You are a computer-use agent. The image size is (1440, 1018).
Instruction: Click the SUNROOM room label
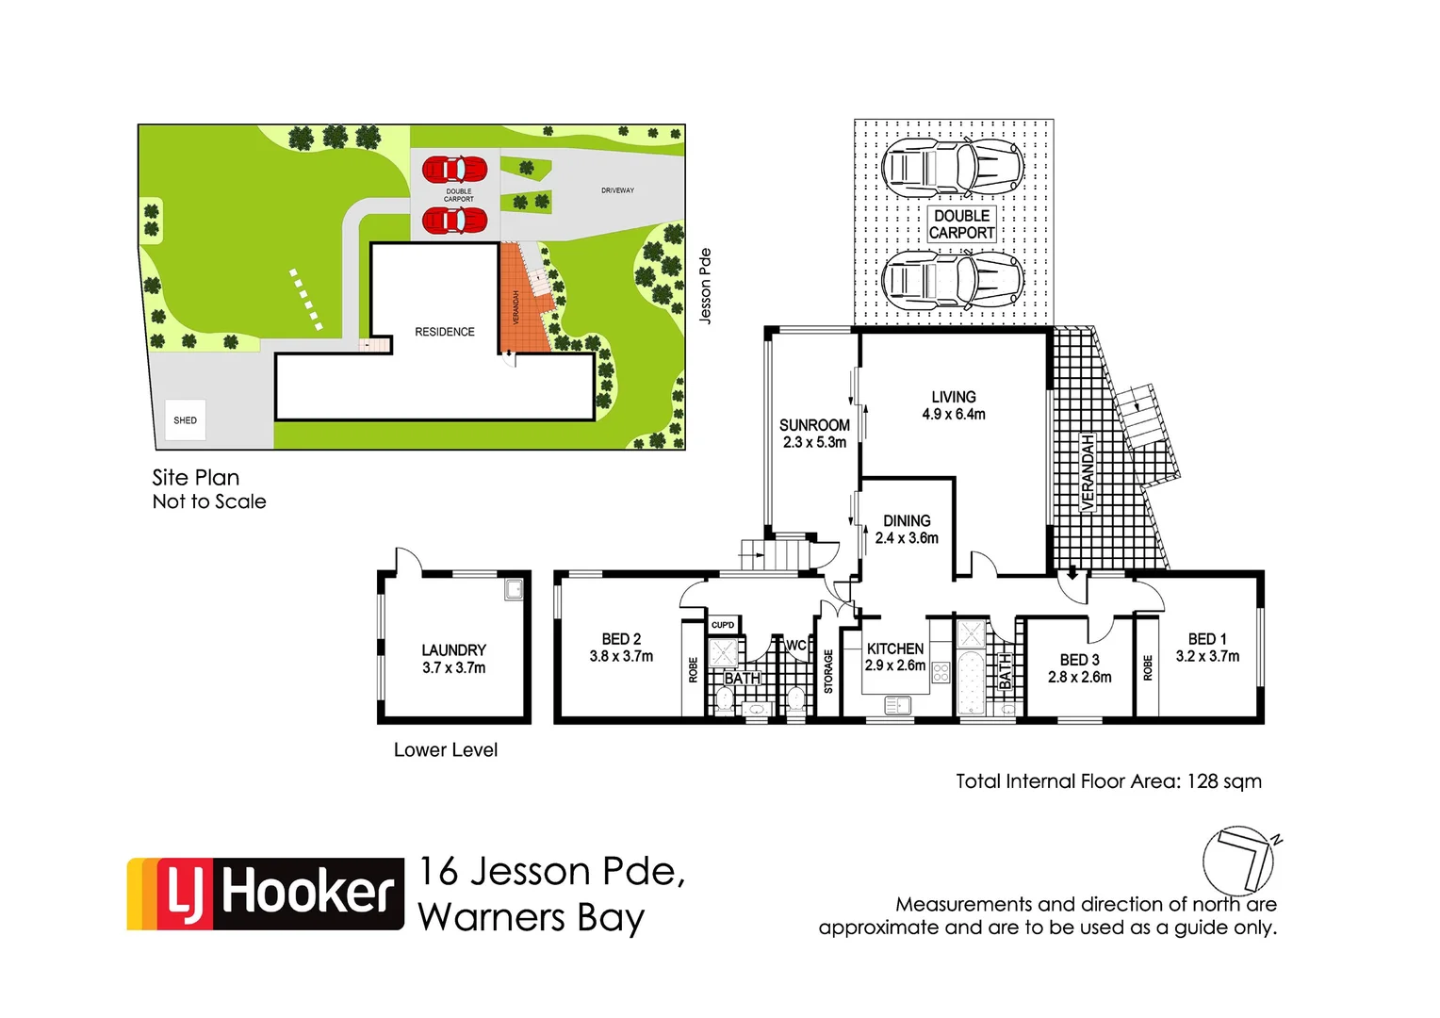814,425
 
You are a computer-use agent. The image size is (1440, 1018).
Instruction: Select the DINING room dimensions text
907,538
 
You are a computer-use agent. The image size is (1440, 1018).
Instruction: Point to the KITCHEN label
894,649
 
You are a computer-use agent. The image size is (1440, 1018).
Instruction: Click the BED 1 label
1206,639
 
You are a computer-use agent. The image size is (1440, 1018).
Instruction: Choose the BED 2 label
621,639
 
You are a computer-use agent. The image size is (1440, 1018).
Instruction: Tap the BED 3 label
1079,660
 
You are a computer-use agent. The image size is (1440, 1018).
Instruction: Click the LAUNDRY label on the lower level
453,650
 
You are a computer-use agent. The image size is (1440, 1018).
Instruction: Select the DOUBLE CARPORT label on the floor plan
961,224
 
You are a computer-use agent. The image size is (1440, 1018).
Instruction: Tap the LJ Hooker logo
266,894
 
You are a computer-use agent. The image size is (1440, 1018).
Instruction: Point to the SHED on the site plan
186,420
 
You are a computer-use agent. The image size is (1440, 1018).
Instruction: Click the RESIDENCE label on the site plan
445,332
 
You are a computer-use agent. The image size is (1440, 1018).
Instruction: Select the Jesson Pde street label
705,287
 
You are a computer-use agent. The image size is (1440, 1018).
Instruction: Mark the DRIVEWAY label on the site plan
617,190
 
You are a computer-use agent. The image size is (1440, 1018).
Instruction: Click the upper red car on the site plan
454,170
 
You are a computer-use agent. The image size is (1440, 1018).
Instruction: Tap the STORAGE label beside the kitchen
828,671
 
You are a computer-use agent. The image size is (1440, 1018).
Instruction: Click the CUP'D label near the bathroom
723,625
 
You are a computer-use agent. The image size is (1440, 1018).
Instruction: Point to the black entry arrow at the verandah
1072,573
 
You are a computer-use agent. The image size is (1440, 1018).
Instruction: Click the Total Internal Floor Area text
1108,781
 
